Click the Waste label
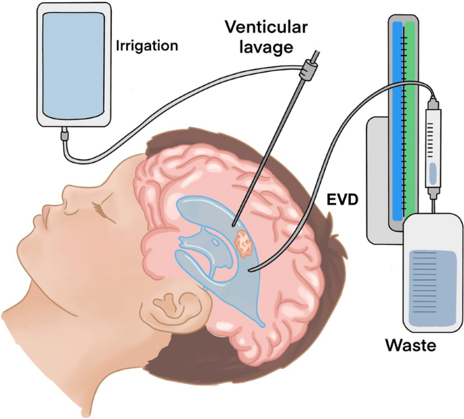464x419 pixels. coord(410,345)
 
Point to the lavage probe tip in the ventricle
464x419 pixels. coord(232,225)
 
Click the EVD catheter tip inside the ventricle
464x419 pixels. coord(251,271)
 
